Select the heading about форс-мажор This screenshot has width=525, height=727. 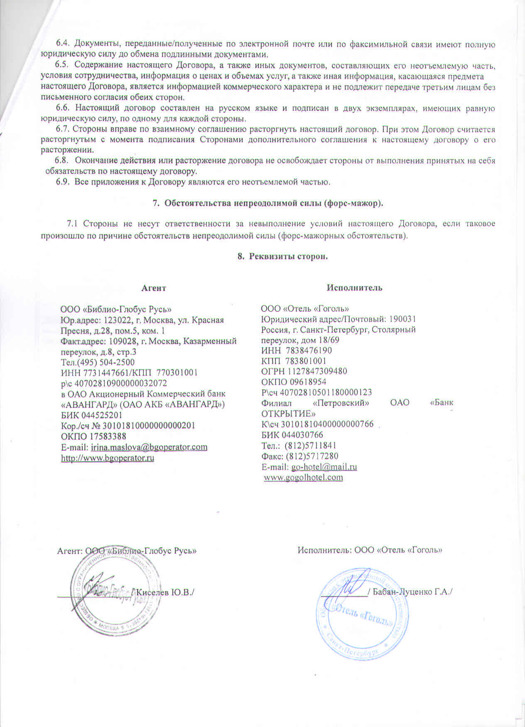[268, 203]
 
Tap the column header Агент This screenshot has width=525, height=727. [154, 288]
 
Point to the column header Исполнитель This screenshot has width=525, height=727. [354, 288]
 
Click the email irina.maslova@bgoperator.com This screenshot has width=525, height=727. [149, 447]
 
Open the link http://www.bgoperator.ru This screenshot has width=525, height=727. [108, 458]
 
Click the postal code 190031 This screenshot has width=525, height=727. [402, 319]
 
